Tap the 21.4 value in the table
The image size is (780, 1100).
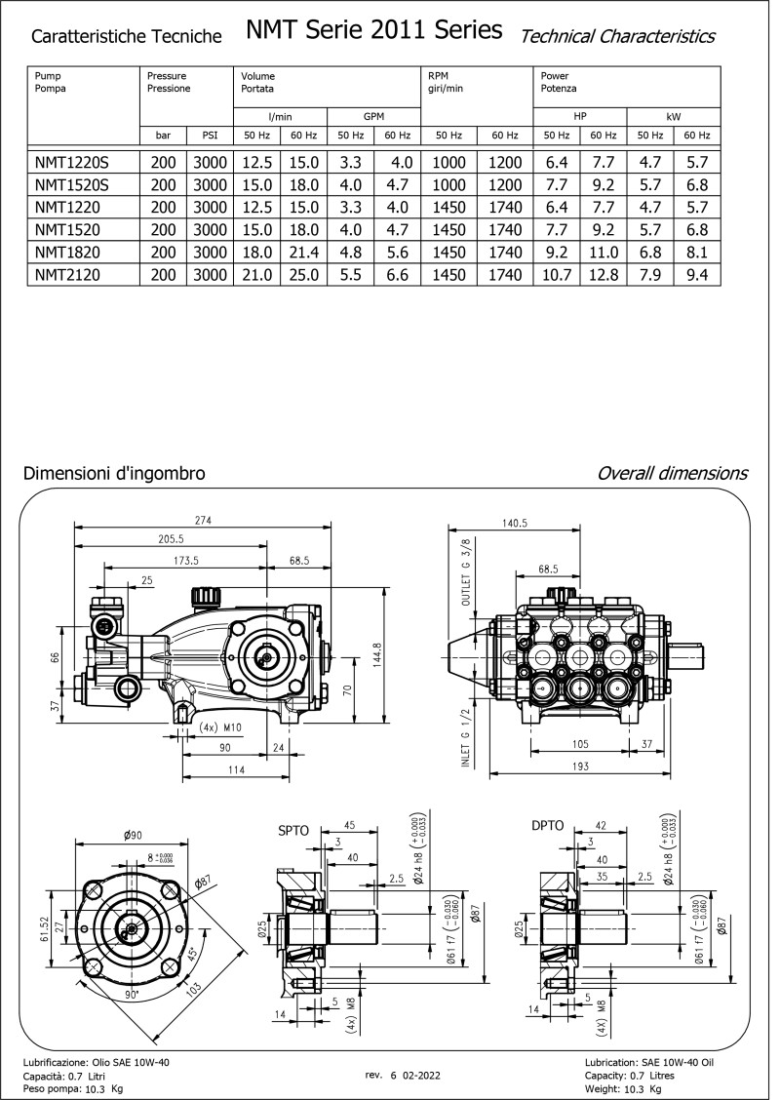tap(302, 253)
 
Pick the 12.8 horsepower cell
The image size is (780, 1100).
tap(604, 275)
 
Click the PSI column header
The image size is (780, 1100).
tap(209, 136)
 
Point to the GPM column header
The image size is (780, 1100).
tap(373, 115)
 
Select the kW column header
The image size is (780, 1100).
tap(673, 115)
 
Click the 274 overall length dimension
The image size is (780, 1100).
tap(203, 520)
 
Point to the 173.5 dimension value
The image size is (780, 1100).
tap(185, 561)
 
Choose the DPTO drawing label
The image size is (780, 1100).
tap(547, 826)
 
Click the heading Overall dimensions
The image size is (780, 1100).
tap(672, 473)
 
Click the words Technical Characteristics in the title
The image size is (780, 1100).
tap(617, 36)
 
